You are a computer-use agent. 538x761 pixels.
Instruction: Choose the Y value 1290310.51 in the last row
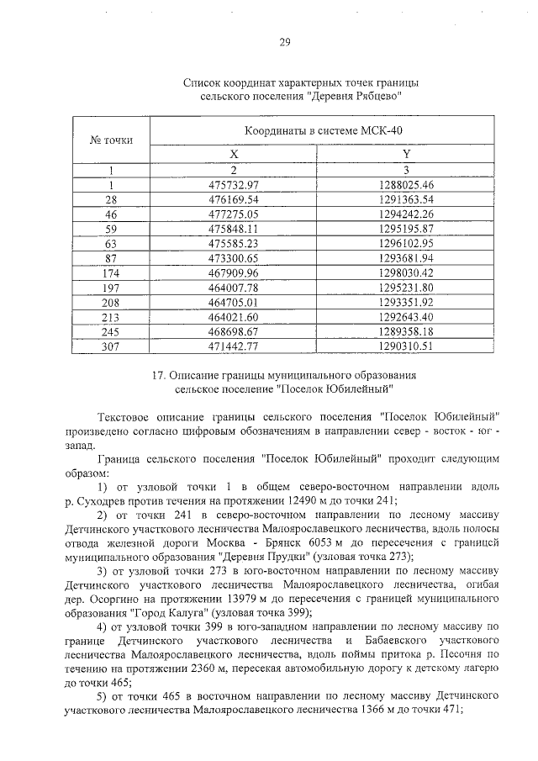point(405,345)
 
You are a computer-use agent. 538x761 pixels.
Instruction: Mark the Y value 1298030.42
point(405,273)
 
